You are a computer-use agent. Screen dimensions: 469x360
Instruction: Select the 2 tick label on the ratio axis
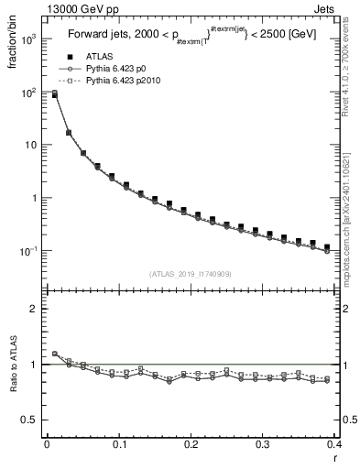pos(34,309)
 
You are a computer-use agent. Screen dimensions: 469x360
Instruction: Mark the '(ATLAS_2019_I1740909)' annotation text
pos(190,274)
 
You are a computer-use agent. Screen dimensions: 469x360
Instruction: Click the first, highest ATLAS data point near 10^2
pos(54,93)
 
